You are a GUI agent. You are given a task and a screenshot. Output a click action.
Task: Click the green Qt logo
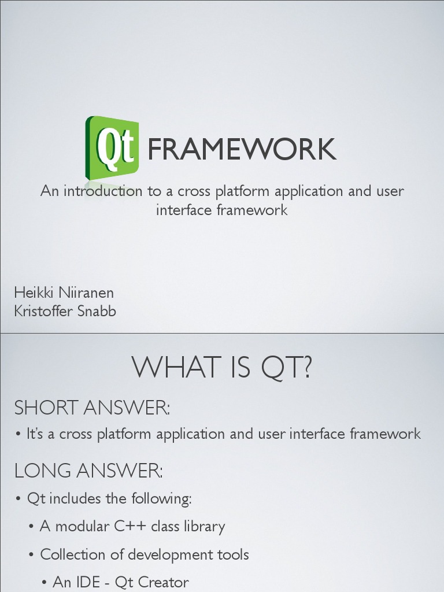[x=113, y=147]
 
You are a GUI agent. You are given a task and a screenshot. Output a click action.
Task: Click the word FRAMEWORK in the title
[x=242, y=150]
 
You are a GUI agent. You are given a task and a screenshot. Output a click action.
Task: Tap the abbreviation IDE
[x=90, y=582]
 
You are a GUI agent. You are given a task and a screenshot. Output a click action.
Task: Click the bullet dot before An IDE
[x=45, y=583]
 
